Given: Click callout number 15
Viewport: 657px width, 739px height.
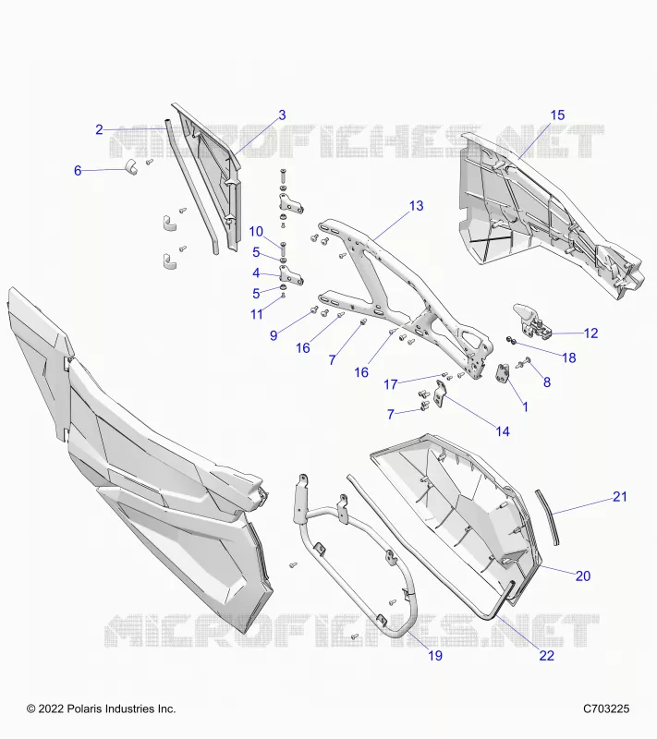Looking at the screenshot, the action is tap(557, 115).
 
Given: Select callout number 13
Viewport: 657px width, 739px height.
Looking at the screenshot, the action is tap(416, 206).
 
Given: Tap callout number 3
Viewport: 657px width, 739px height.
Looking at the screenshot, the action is tap(282, 115).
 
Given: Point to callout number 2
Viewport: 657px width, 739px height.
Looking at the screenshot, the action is tap(99, 129).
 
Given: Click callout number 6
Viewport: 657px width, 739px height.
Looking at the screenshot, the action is tap(78, 171).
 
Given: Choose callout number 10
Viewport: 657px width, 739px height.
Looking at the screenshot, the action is tap(256, 232).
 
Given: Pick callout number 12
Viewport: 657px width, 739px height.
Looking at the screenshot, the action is tap(590, 333).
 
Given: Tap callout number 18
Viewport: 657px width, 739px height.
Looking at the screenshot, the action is tap(569, 357).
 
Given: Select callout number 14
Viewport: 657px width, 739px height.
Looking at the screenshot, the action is tap(503, 431).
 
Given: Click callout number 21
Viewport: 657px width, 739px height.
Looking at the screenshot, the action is tap(620, 496).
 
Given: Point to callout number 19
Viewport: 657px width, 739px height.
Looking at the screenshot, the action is tap(435, 655).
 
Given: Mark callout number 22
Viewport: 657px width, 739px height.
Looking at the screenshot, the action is tap(546, 655).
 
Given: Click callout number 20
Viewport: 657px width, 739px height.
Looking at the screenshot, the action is tap(583, 575).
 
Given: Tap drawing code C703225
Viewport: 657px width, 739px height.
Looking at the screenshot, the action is tap(606, 709).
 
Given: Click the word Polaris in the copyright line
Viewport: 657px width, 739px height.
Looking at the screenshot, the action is tap(84, 709).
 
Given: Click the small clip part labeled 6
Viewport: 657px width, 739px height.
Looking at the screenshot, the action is tap(131, 167).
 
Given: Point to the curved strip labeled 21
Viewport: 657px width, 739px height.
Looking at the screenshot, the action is tap(547, 517).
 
